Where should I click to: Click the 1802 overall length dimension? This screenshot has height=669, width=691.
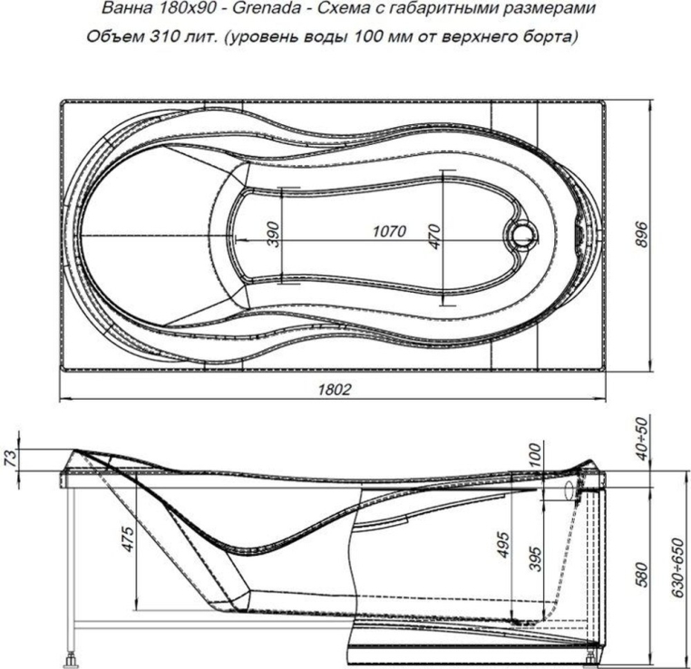(335, 389)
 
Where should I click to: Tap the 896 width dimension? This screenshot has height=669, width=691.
(643, 235)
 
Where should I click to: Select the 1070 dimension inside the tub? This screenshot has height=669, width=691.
(389, 231)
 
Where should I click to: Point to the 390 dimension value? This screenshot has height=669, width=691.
(273, 235)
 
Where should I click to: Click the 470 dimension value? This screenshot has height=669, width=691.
(434, 237)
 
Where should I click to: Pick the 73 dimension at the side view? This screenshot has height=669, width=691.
(12, 457)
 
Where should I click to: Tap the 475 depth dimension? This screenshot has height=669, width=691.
(128, 538)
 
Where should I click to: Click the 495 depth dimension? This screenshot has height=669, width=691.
(503, 545)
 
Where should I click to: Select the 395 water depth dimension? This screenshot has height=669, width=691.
(534, 558)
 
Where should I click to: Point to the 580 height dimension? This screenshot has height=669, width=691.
(643, 575)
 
